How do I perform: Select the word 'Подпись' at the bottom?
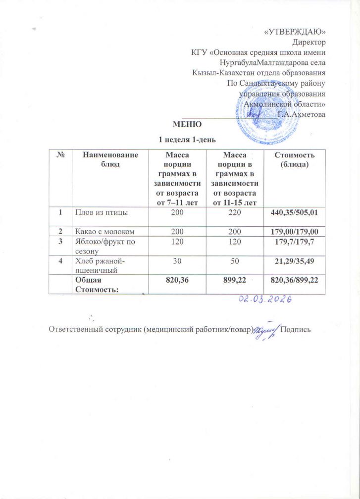(296, 330)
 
